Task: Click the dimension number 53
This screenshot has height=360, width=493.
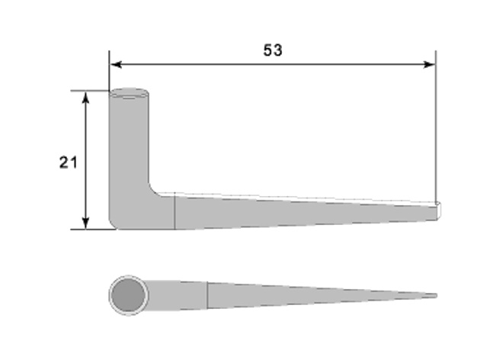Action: pos(273,50)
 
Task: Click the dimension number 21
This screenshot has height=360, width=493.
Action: pos(68,162)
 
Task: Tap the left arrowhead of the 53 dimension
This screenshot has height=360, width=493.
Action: pos(116,65)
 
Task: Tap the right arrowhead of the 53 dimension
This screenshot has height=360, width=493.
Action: pos(429,65)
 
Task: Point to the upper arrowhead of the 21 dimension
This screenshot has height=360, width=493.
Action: pos(85,97)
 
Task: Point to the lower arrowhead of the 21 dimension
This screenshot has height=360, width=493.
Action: pos(85,223)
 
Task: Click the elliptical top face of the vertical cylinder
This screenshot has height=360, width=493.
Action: pos(129,93)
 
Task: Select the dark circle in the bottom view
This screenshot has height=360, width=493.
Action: pos(128,295)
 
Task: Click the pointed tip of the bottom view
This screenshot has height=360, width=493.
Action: pos(436,295)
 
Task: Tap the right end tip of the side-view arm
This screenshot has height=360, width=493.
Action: pos(439,210)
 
